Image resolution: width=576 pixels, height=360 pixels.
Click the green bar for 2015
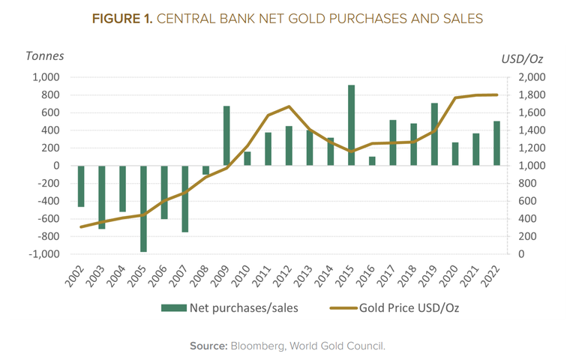pyautogui.click(x=351, y=125)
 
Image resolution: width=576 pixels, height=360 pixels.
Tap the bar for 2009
pyautogui.click(x=226, y=136)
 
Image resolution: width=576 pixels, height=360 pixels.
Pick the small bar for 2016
pyautogui.click(x=372, y=160)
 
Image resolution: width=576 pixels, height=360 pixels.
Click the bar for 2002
pyautogui.click(x=80, y=186)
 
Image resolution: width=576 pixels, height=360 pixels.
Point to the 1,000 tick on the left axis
pyautogui.click(x=46, y=77)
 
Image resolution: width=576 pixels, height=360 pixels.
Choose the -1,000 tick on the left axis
pyautogui.click(x=44, y=254)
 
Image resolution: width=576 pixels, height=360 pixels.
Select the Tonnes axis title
pyautogui.click(x=45, y=55)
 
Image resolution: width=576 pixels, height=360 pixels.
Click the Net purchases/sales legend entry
pyautogui.click(x=234, y=307)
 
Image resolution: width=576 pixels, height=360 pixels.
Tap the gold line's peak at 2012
pyautogui.click(x=289, y=106)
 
